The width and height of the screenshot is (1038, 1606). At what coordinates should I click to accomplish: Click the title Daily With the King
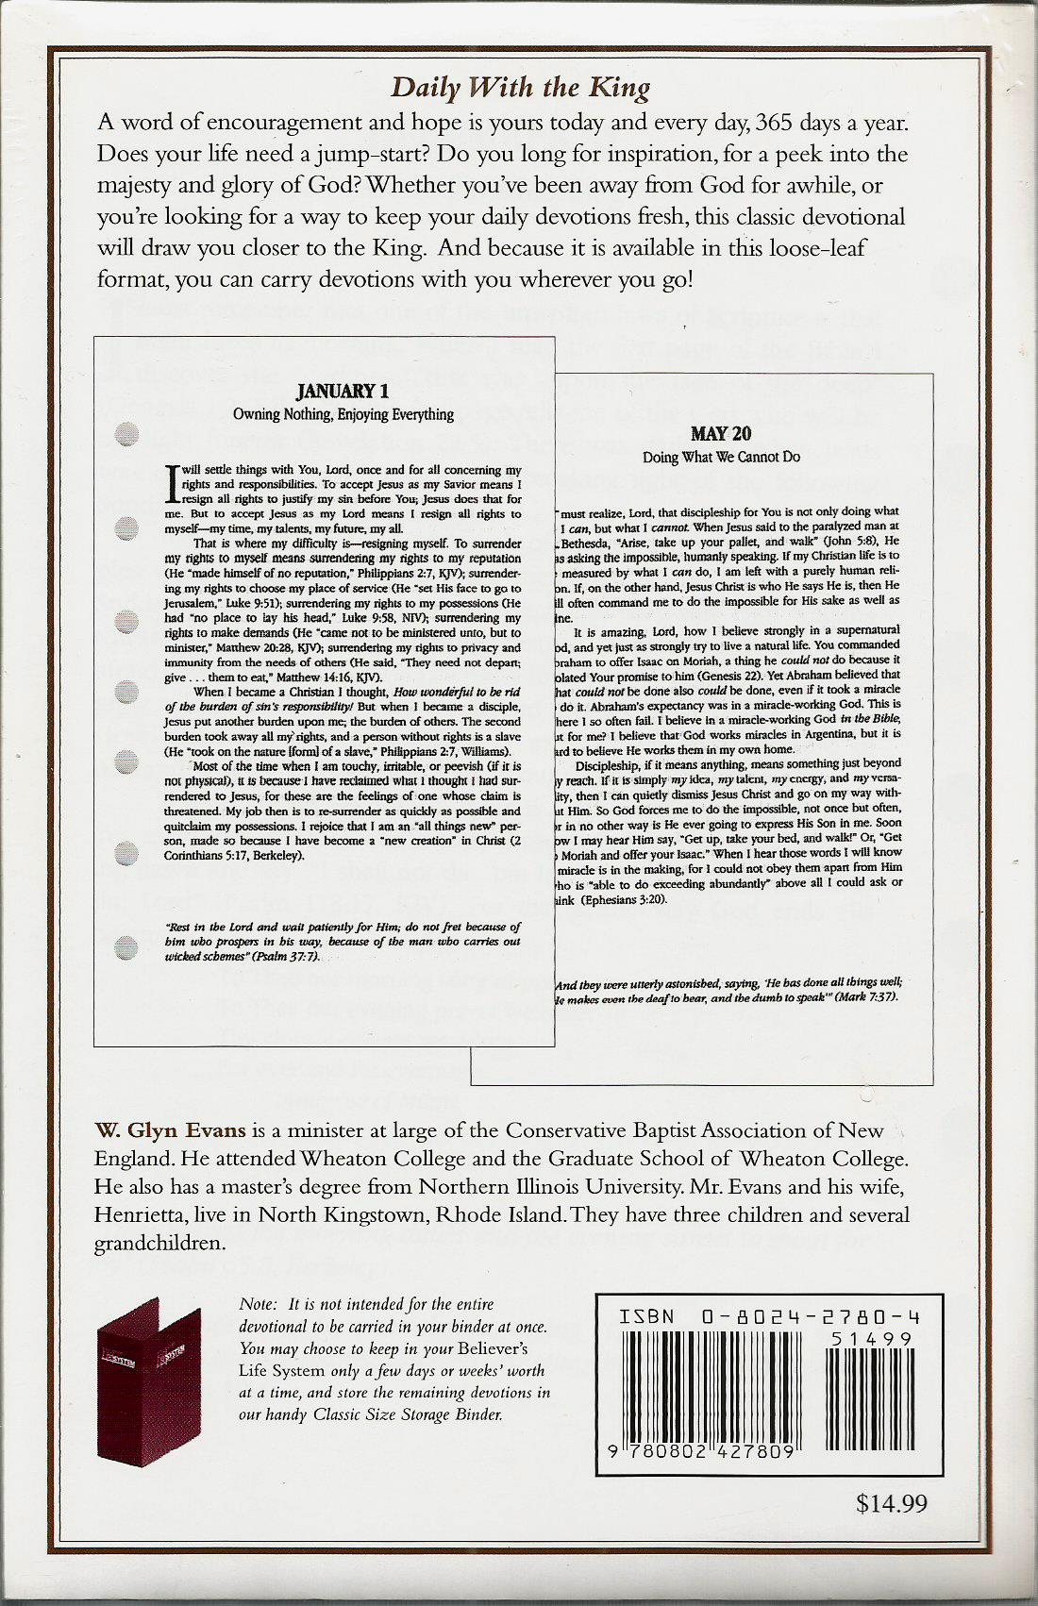pyautogui.click(x=520, y=89)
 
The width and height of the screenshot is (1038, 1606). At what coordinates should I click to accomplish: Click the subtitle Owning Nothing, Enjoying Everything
pyautogui.click(x=343, y=414)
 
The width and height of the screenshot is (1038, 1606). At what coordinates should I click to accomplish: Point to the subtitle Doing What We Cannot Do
pyautogui.click(x=721, y=458)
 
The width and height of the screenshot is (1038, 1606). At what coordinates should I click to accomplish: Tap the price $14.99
pyautogui.click(x=892, y=1503)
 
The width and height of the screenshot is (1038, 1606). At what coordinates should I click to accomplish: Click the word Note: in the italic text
pyautogui.click(x=259, y=1304)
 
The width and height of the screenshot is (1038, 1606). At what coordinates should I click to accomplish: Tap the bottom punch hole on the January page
pyautogui.click(x=126, y=945)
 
